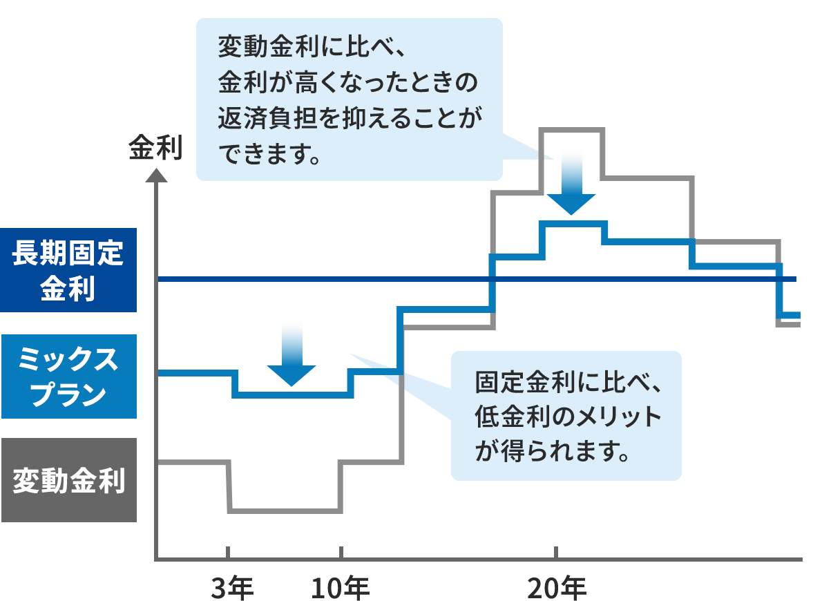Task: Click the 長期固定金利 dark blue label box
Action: [68, 270]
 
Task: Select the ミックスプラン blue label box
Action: [68, 376]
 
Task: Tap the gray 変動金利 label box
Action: [68, 480]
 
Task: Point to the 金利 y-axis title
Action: [155, 149]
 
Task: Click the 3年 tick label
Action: [231, 587]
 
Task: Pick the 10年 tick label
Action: [341, 587]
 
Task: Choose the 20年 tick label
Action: [557, 587]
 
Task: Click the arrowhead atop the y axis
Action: [157, 172]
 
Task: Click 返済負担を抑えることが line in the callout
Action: [349, 119]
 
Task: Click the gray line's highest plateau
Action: [573, 129]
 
